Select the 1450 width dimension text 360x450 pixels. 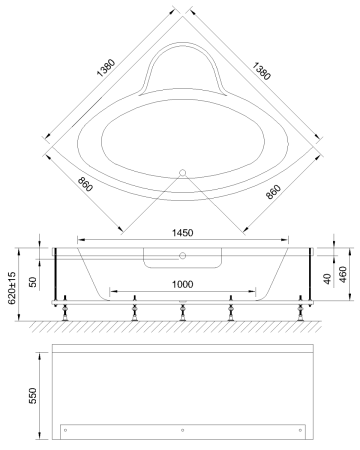pyautogui.click(x=181, y=232)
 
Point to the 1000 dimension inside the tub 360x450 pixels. pyautogui.click(x=181, y=284)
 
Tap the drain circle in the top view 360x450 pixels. pyautogui.click(x=182, y=171)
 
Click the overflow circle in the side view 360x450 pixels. pyautogui.click(x=182, y=255)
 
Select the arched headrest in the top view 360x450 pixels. pyautogui.click(x=181, y=70)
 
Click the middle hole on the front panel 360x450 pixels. pyautogui.click(x=182, y=430)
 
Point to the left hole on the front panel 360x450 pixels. pyautogui.click(x=66, y=430)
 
